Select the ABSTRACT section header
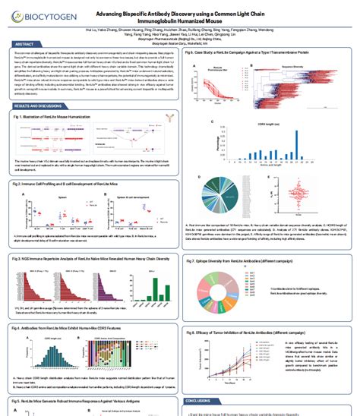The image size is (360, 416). click(24, 45)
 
